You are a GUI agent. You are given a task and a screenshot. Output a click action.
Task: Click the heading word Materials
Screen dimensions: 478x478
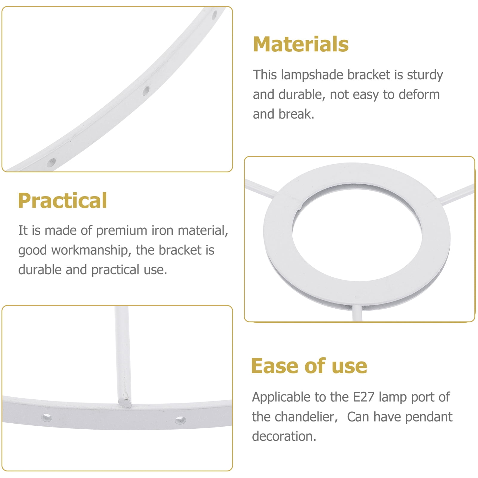[301, 44]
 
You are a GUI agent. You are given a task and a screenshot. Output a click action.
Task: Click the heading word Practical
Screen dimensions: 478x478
[62, 200]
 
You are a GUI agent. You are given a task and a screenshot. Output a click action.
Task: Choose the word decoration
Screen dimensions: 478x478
[284, 436]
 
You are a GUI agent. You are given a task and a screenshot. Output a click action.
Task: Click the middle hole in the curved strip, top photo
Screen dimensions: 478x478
[146, 91]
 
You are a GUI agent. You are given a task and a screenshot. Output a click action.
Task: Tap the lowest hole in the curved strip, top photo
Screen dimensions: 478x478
[51, 163]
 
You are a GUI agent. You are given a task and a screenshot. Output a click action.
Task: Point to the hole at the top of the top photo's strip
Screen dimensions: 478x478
[215, 14]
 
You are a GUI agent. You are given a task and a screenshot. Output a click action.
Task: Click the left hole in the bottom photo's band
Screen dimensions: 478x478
[47, 417]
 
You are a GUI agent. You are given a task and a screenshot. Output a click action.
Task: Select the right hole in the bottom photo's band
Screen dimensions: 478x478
[180, 420]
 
